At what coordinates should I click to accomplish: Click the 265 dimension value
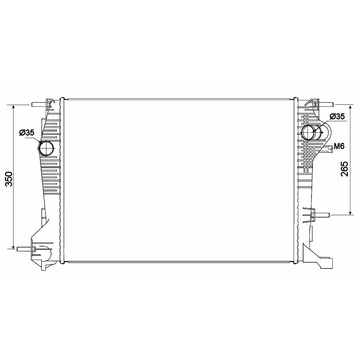pos(344,169)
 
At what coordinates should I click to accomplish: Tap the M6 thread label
pos(339,146)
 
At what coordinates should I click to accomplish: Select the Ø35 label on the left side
pos(27,132)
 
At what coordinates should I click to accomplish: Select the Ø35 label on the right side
pos(337,117)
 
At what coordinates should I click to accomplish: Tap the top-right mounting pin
pos(325,104)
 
